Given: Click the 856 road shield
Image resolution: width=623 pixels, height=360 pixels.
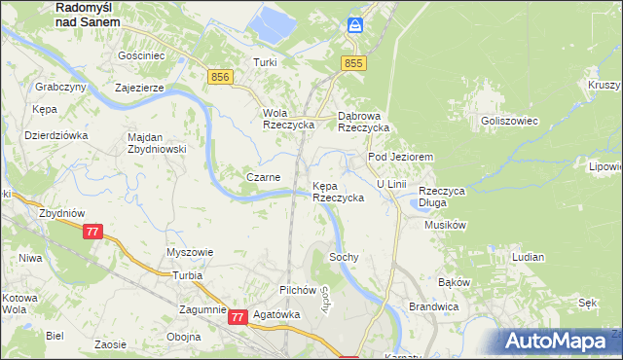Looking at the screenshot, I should (x=219, y=76).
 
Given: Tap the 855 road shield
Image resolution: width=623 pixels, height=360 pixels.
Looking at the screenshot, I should (x=353, y=62).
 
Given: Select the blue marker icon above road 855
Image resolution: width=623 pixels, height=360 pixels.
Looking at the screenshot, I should (x=355, y=25).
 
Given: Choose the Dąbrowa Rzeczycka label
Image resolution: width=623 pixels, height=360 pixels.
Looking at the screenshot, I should (x=363, y=121).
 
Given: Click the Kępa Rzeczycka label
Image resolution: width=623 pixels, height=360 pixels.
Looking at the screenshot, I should (x=338, y=191).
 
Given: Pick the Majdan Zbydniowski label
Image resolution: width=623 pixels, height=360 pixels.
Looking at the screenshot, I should (x=157, y=143).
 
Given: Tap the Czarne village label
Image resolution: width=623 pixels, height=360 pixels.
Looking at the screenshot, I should (x=264, y=177).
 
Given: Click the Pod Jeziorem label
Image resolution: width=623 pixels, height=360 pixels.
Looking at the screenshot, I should (x=399, y=156).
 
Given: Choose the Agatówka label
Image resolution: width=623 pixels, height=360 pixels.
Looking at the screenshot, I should (x=275, y=315).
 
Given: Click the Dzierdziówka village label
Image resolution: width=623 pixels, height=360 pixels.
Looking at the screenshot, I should (x=56, y=135).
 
